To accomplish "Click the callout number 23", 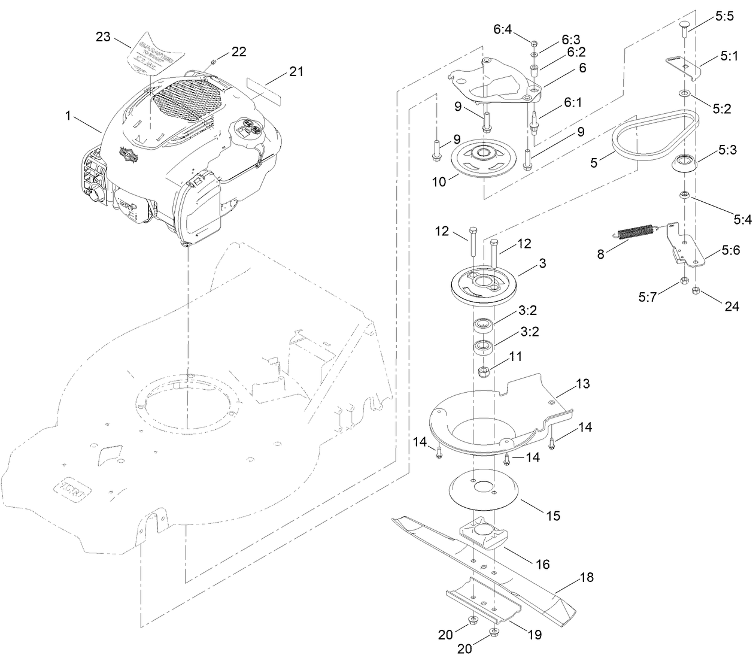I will (103, 37).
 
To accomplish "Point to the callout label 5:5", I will (724, 18).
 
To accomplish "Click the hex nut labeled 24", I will (696, 291).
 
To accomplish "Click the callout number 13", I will (582, 384).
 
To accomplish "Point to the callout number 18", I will (587, 579).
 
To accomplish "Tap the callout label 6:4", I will (502, 29).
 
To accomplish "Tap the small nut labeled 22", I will (214, 62).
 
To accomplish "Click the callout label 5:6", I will (730, 251).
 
